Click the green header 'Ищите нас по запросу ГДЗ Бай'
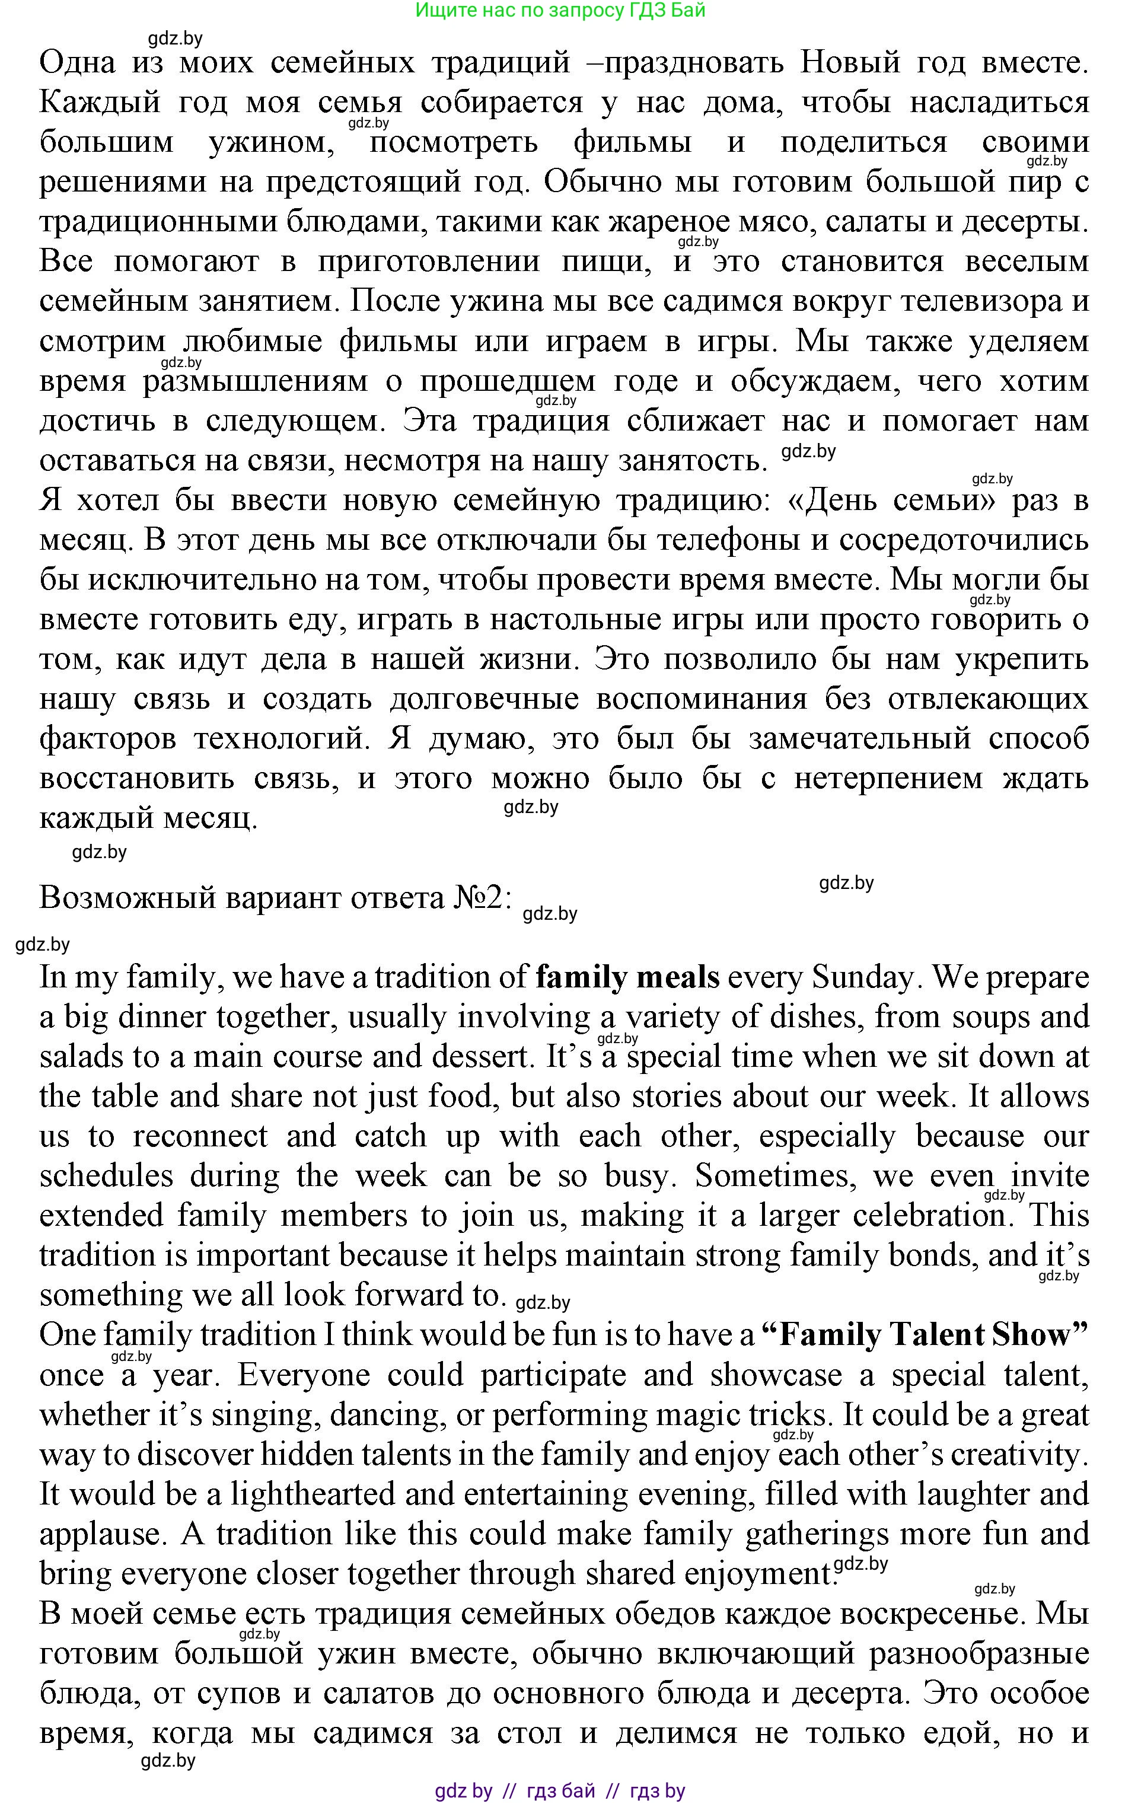(x=560, y=11)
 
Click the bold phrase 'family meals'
(x=627, y=978)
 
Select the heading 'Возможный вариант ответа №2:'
(x=275, y=898)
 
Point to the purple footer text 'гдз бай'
(x=560, y=1790)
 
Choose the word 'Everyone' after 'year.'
(x=304, y=1375)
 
